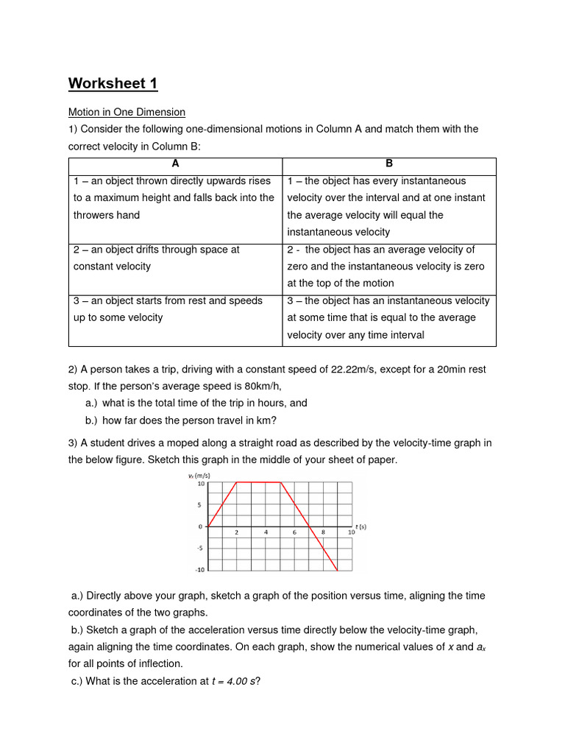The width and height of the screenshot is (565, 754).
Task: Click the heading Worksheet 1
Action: tap(113, 83)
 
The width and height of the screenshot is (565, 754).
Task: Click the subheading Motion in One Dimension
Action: tap(127, 112)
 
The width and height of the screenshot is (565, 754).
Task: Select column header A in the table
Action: tap(175, 163)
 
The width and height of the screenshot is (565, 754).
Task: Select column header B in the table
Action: tap(389, 163)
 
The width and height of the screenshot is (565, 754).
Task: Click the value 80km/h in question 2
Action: tap(260, 386)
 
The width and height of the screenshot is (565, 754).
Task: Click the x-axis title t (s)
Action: tap(360, 526)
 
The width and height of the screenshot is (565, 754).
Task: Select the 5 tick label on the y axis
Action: tap(199, 505)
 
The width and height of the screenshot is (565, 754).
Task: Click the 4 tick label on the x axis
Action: tap(266, 532)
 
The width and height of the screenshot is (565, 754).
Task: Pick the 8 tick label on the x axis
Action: tap(323, 532)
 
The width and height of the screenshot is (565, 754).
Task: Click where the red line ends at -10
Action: tap(337, 571)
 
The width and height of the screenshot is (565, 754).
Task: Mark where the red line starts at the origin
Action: tap(208, 526)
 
